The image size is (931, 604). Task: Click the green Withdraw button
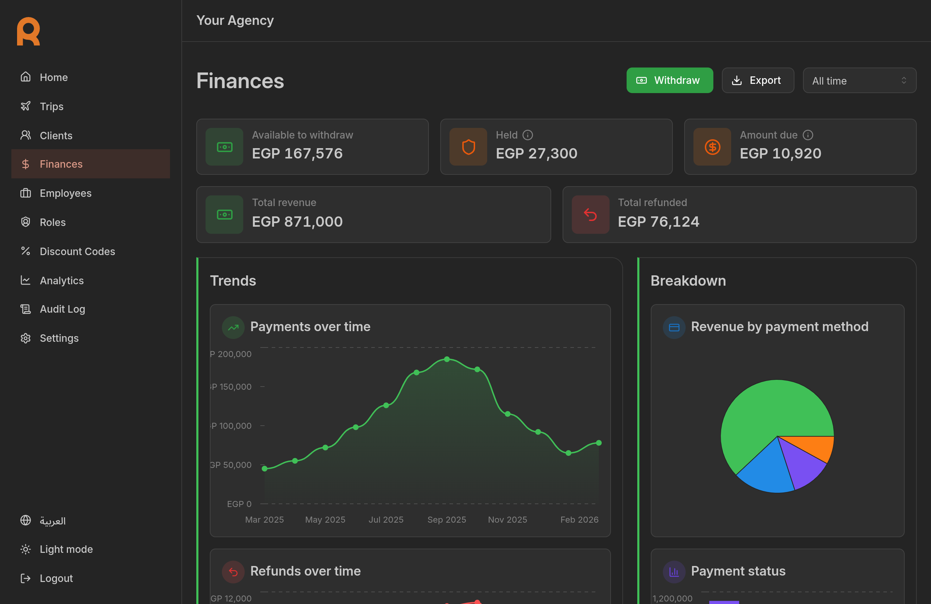(669, 81)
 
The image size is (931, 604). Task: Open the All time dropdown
(859, 81)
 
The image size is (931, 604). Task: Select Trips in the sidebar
(51, 106)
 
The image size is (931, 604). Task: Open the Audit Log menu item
(62, 309)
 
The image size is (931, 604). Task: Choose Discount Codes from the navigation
(77, 252)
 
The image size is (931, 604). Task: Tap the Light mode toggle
(66, 549)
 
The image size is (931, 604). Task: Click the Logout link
(56, 578)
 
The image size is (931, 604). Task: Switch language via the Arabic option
(52, 521)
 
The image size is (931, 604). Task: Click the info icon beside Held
(528, 135)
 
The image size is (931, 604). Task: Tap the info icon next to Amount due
(808, 135)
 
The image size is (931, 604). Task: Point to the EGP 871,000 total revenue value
(297, 222)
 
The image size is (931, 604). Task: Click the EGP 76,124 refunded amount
(658, 222)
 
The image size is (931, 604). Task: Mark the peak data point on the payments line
(447, 359)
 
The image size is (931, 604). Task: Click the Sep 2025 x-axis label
(447, 519)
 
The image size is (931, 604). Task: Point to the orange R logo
(28, 31)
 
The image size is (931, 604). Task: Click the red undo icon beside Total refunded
(590, 215)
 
